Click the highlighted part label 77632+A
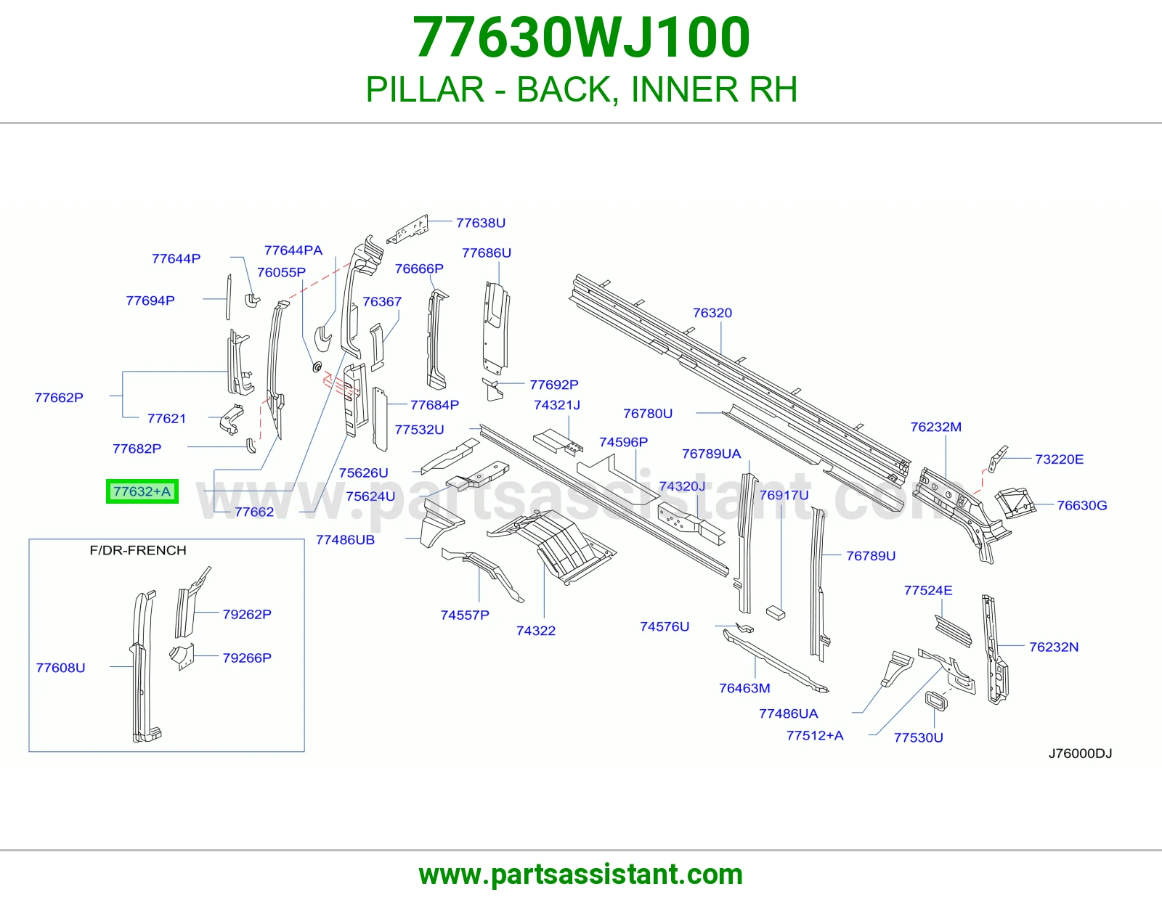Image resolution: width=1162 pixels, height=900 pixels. click(142, 491)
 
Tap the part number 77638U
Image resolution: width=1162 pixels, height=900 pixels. click(480, 223)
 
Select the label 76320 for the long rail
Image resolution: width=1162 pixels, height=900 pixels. click(712, 313)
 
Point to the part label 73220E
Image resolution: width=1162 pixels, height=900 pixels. click(1059, 459)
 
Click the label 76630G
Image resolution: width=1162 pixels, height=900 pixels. click(1082, 505)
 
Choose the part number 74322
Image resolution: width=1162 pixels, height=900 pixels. click(536, 631)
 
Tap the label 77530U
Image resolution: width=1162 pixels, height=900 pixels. click(918, 737)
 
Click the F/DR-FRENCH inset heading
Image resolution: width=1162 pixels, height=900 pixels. click(138, 550)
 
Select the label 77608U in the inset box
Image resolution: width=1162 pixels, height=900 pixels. click(60, 668)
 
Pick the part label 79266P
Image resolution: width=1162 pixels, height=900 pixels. click(247, 658)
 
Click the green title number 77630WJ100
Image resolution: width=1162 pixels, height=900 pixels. click(581, 37)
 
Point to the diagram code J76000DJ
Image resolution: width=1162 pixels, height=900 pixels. click(1080, 753)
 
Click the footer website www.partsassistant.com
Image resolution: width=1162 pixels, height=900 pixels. click(581, 875)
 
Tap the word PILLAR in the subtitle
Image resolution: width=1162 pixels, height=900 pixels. click(425, 89)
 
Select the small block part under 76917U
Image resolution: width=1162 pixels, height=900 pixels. click(776, 613)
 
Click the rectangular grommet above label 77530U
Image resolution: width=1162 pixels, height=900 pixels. click(936, 700)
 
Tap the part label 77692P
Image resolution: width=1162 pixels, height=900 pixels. click(554, 384)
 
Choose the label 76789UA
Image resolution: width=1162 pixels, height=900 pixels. click(711, 454)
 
